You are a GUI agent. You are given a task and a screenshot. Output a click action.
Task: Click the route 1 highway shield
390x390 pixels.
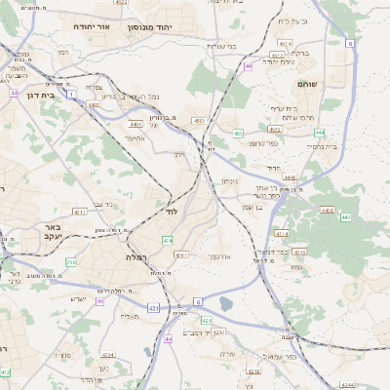71,94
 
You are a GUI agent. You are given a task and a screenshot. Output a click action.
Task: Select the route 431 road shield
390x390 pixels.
153,308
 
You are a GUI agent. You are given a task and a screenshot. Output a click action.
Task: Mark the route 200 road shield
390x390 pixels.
71,261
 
